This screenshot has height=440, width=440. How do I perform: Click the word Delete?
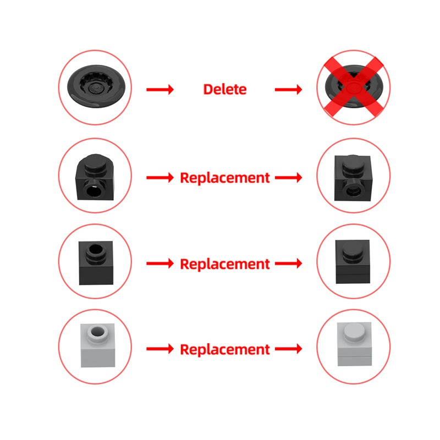coord(225,89)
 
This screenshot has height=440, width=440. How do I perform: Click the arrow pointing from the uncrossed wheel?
coord(160,89)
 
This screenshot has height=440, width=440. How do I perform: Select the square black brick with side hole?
coord(354,177)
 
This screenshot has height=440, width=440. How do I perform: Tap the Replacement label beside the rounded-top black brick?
coord(225,178)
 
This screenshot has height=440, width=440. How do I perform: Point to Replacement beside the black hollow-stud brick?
coord(225,264)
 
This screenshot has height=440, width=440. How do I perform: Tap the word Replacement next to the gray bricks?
coord(225,349)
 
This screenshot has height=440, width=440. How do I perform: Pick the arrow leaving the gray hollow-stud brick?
coord(160,349)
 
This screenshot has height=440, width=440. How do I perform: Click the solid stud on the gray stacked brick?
coord(353,331)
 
